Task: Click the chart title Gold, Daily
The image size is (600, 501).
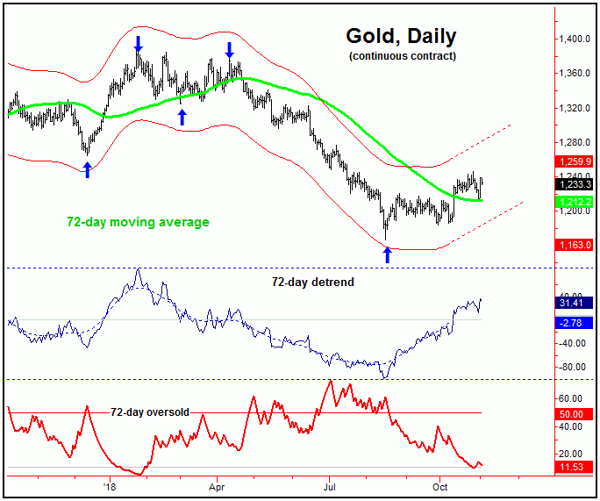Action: pyautogui.click(x=401, y=37)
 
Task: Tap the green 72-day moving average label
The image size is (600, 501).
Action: pyautogui.click(x=138, y=222)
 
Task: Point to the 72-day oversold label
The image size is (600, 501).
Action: pyautogui.click(x=150, y=412)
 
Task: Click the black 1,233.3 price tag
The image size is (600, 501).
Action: pyautogui.click(x=575, y=184)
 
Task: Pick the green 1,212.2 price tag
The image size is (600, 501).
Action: pyautogui.click(x=575, y=202)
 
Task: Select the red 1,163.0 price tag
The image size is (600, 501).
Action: pyautogui.click(x=575, y=245)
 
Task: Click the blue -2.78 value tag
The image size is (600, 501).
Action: pyautogui.click(x=575, y=323)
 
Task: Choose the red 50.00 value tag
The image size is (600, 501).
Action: pyautogui.click(x=575, y=413)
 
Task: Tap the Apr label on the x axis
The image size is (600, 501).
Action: pyautogui.click(x=218, y=484)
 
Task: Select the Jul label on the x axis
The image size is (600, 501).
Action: pyautogui.click(x=330, y=484)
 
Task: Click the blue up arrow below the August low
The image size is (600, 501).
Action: pyautogui.click(x=386, y=254)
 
